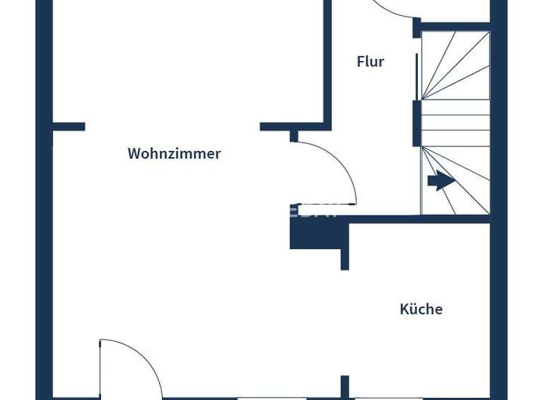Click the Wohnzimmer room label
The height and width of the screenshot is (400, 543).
coord(174,153)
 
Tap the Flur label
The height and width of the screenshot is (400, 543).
coord(370,62)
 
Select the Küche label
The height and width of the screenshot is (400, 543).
coord(421,309)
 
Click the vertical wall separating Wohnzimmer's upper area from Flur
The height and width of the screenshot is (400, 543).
coord(328,60)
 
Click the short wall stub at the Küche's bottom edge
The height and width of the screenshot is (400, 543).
coord(345,386)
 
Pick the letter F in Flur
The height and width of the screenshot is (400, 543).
coord(360,62)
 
